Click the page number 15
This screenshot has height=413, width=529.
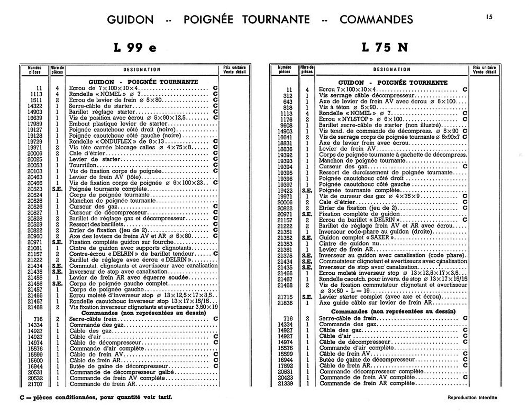(489, 17)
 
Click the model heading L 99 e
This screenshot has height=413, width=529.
(135, 47)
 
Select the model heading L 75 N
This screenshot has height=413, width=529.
(385, 47)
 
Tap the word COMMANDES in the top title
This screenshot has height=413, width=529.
(376, 20)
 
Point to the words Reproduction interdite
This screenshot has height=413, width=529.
(472, 398)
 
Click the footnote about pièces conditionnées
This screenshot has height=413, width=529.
(96, 397)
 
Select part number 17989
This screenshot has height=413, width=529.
(35, 124)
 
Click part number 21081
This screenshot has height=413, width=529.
(35, 248)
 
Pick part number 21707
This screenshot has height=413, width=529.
(35, 384)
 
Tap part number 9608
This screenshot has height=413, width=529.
(286, 125)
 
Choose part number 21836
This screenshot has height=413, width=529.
(285, 303)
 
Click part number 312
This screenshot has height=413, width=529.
(288, 96)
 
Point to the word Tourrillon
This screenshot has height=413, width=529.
(83, 165)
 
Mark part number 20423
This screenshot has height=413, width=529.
(285, 378)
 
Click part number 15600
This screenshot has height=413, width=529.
(35, 360)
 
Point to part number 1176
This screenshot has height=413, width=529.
(286, 119)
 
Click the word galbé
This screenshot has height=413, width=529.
(166, 372)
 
